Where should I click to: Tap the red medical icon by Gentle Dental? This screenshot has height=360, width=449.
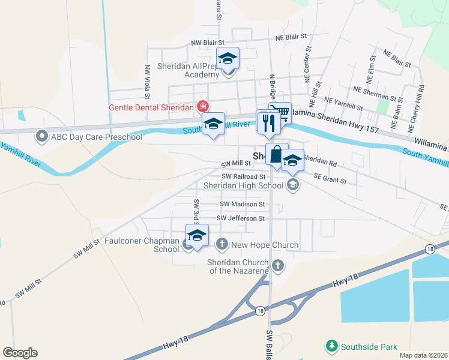tap(202, 107)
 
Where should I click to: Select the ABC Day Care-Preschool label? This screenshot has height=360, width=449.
tap(97, 137)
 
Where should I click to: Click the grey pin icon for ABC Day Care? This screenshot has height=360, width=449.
tap(42, 137)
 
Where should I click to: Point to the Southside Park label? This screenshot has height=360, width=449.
tap(369, 346)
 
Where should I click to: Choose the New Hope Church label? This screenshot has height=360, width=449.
tap(265, 245)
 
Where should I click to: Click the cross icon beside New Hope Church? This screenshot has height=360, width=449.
tap(221, 244)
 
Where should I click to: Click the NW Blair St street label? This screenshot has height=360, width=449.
tap(207, 43)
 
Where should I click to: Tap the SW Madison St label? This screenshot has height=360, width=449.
tap(241, 205)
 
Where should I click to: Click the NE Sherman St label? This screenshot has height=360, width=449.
tap(378, 93)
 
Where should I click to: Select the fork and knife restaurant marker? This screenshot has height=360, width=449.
tap(268, 122)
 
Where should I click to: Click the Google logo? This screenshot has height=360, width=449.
tap(20, 353)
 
